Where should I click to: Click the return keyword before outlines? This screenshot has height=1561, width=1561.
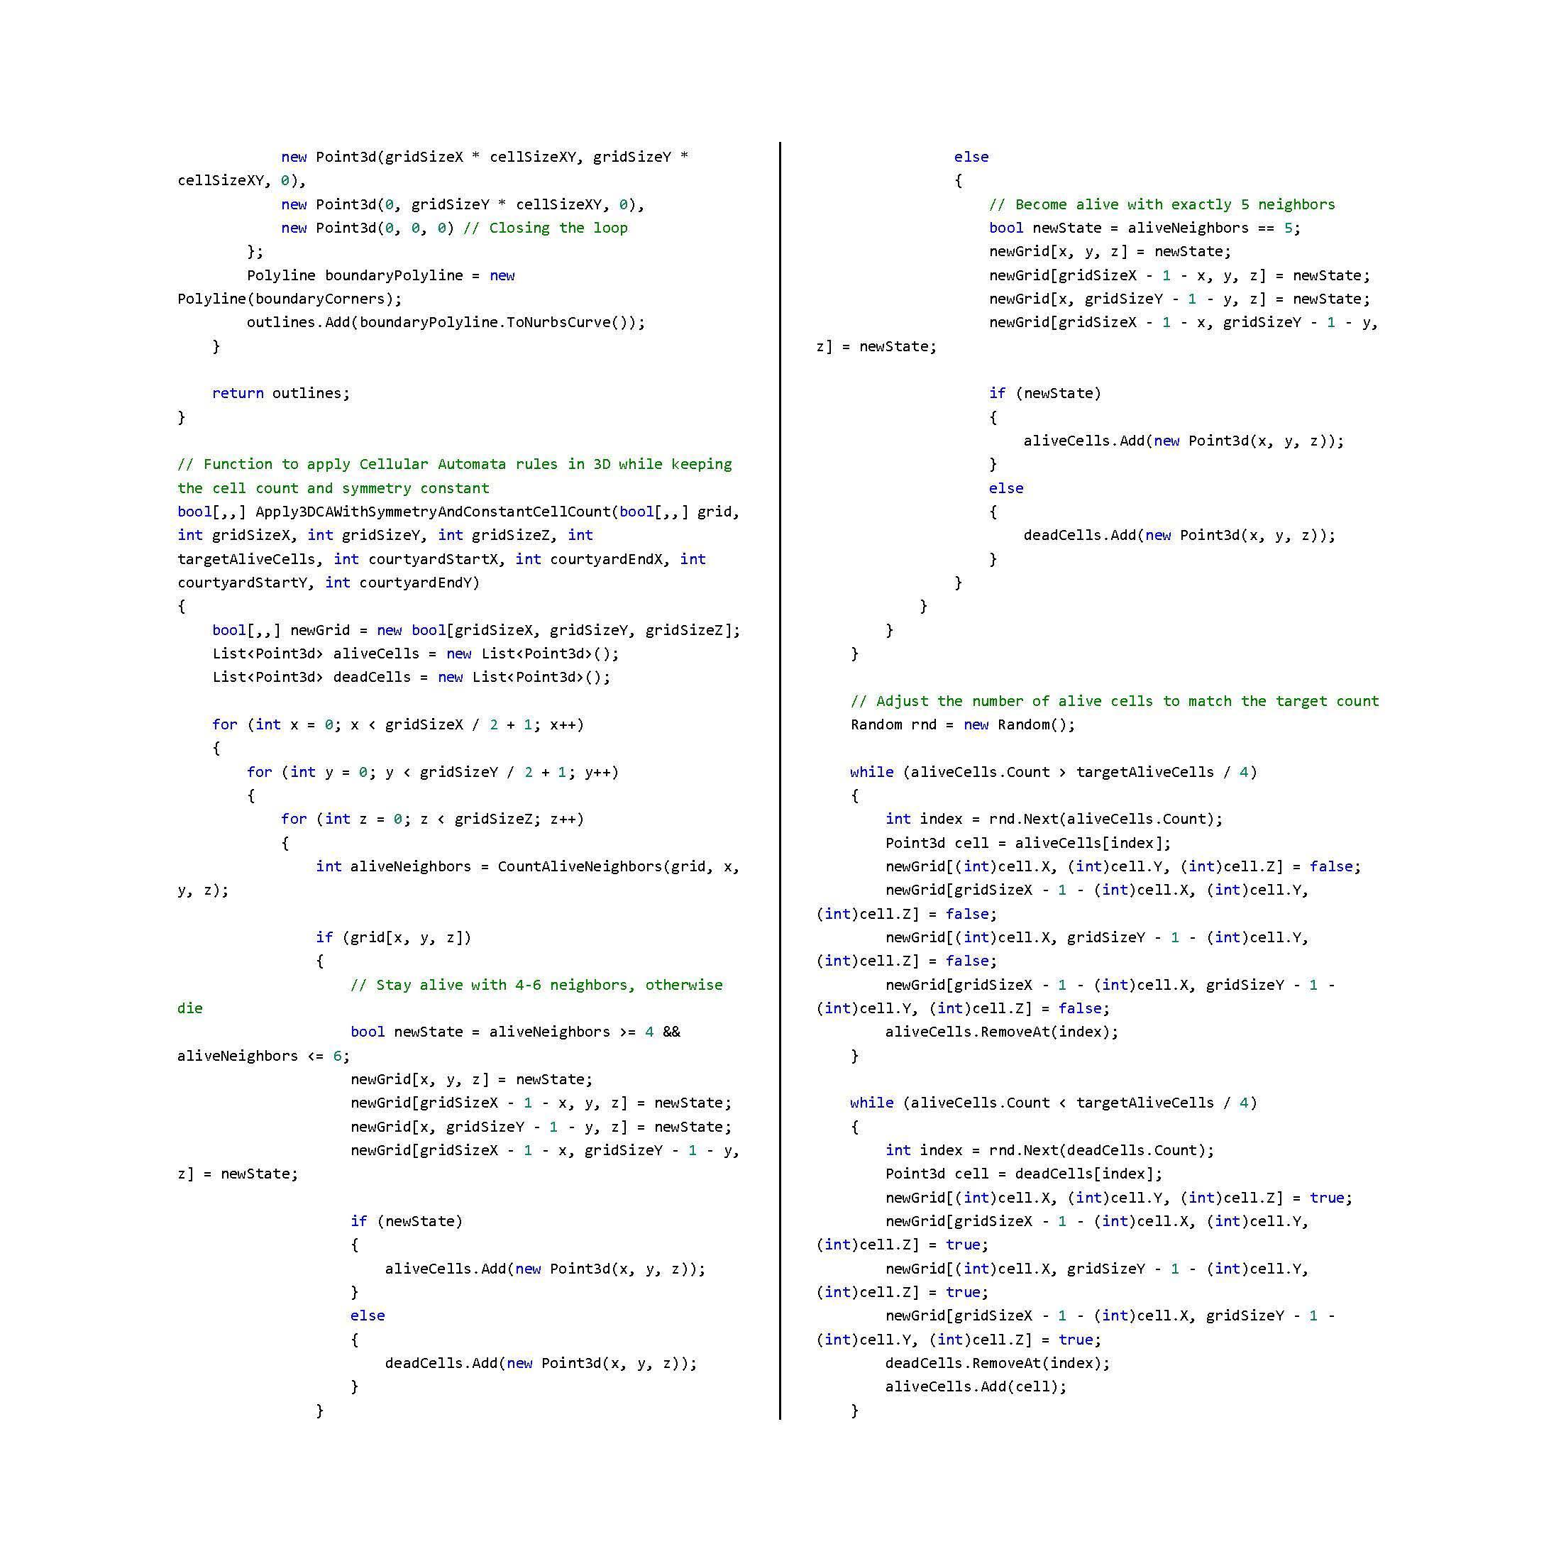click(238, 394)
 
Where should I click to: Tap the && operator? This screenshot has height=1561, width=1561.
click(671, 1032)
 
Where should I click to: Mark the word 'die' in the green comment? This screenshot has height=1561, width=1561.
click(190, 1008)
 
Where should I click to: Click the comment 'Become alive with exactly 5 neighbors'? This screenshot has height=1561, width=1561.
click(1162, 204)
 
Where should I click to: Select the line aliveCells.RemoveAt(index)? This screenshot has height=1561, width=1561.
click(1002, 1032)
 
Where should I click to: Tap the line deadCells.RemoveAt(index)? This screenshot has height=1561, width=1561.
click(998, 1363)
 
